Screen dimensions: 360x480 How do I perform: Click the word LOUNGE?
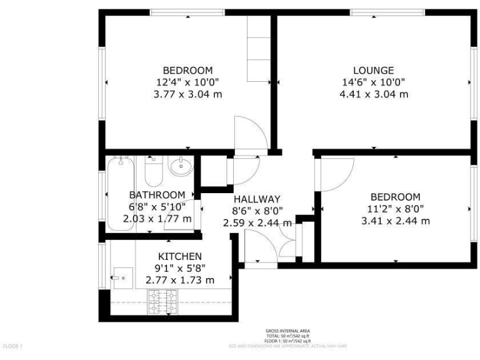[373, 70]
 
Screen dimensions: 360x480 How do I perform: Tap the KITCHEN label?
[179, 256]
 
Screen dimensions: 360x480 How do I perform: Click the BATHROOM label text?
[157, 195]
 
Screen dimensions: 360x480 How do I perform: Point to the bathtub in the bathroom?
[121, 194]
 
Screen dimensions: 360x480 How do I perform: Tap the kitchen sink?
[122, 275]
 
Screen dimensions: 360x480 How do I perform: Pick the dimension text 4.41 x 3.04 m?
[373, 94]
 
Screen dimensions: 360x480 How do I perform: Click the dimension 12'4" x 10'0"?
[187, 82]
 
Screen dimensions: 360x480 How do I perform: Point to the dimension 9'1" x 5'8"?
[179, 268]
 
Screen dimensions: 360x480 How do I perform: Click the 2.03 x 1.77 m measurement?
[157, 219]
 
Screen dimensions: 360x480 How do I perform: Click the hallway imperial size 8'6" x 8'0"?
[257, 211]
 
